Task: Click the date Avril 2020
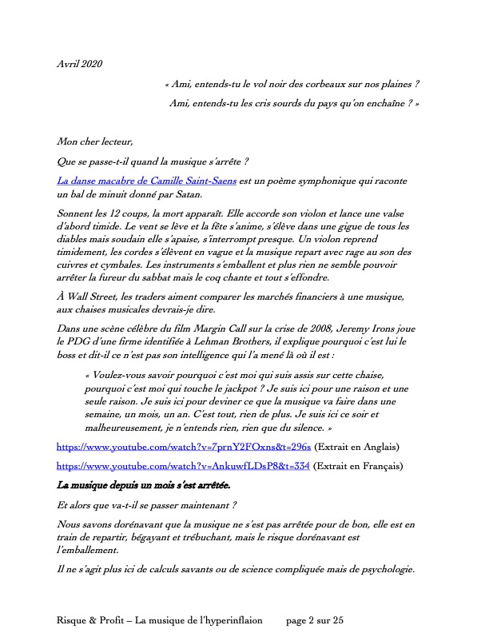(80, 63)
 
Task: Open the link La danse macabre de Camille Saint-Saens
(147, 181)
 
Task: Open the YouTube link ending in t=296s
(184, 447)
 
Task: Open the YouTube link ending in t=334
(185, 465)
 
